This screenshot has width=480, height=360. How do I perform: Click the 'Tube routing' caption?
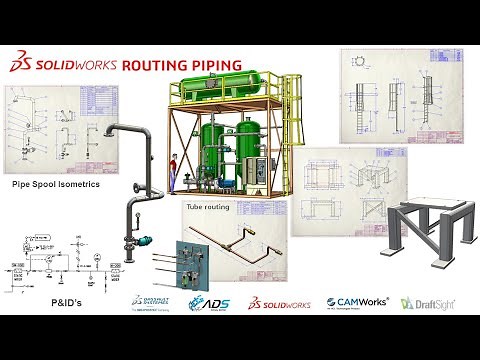[x=206, y=207]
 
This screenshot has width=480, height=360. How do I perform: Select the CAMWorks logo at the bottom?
[x=356, y=302]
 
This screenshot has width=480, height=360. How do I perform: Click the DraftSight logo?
[x=424, y=302]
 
